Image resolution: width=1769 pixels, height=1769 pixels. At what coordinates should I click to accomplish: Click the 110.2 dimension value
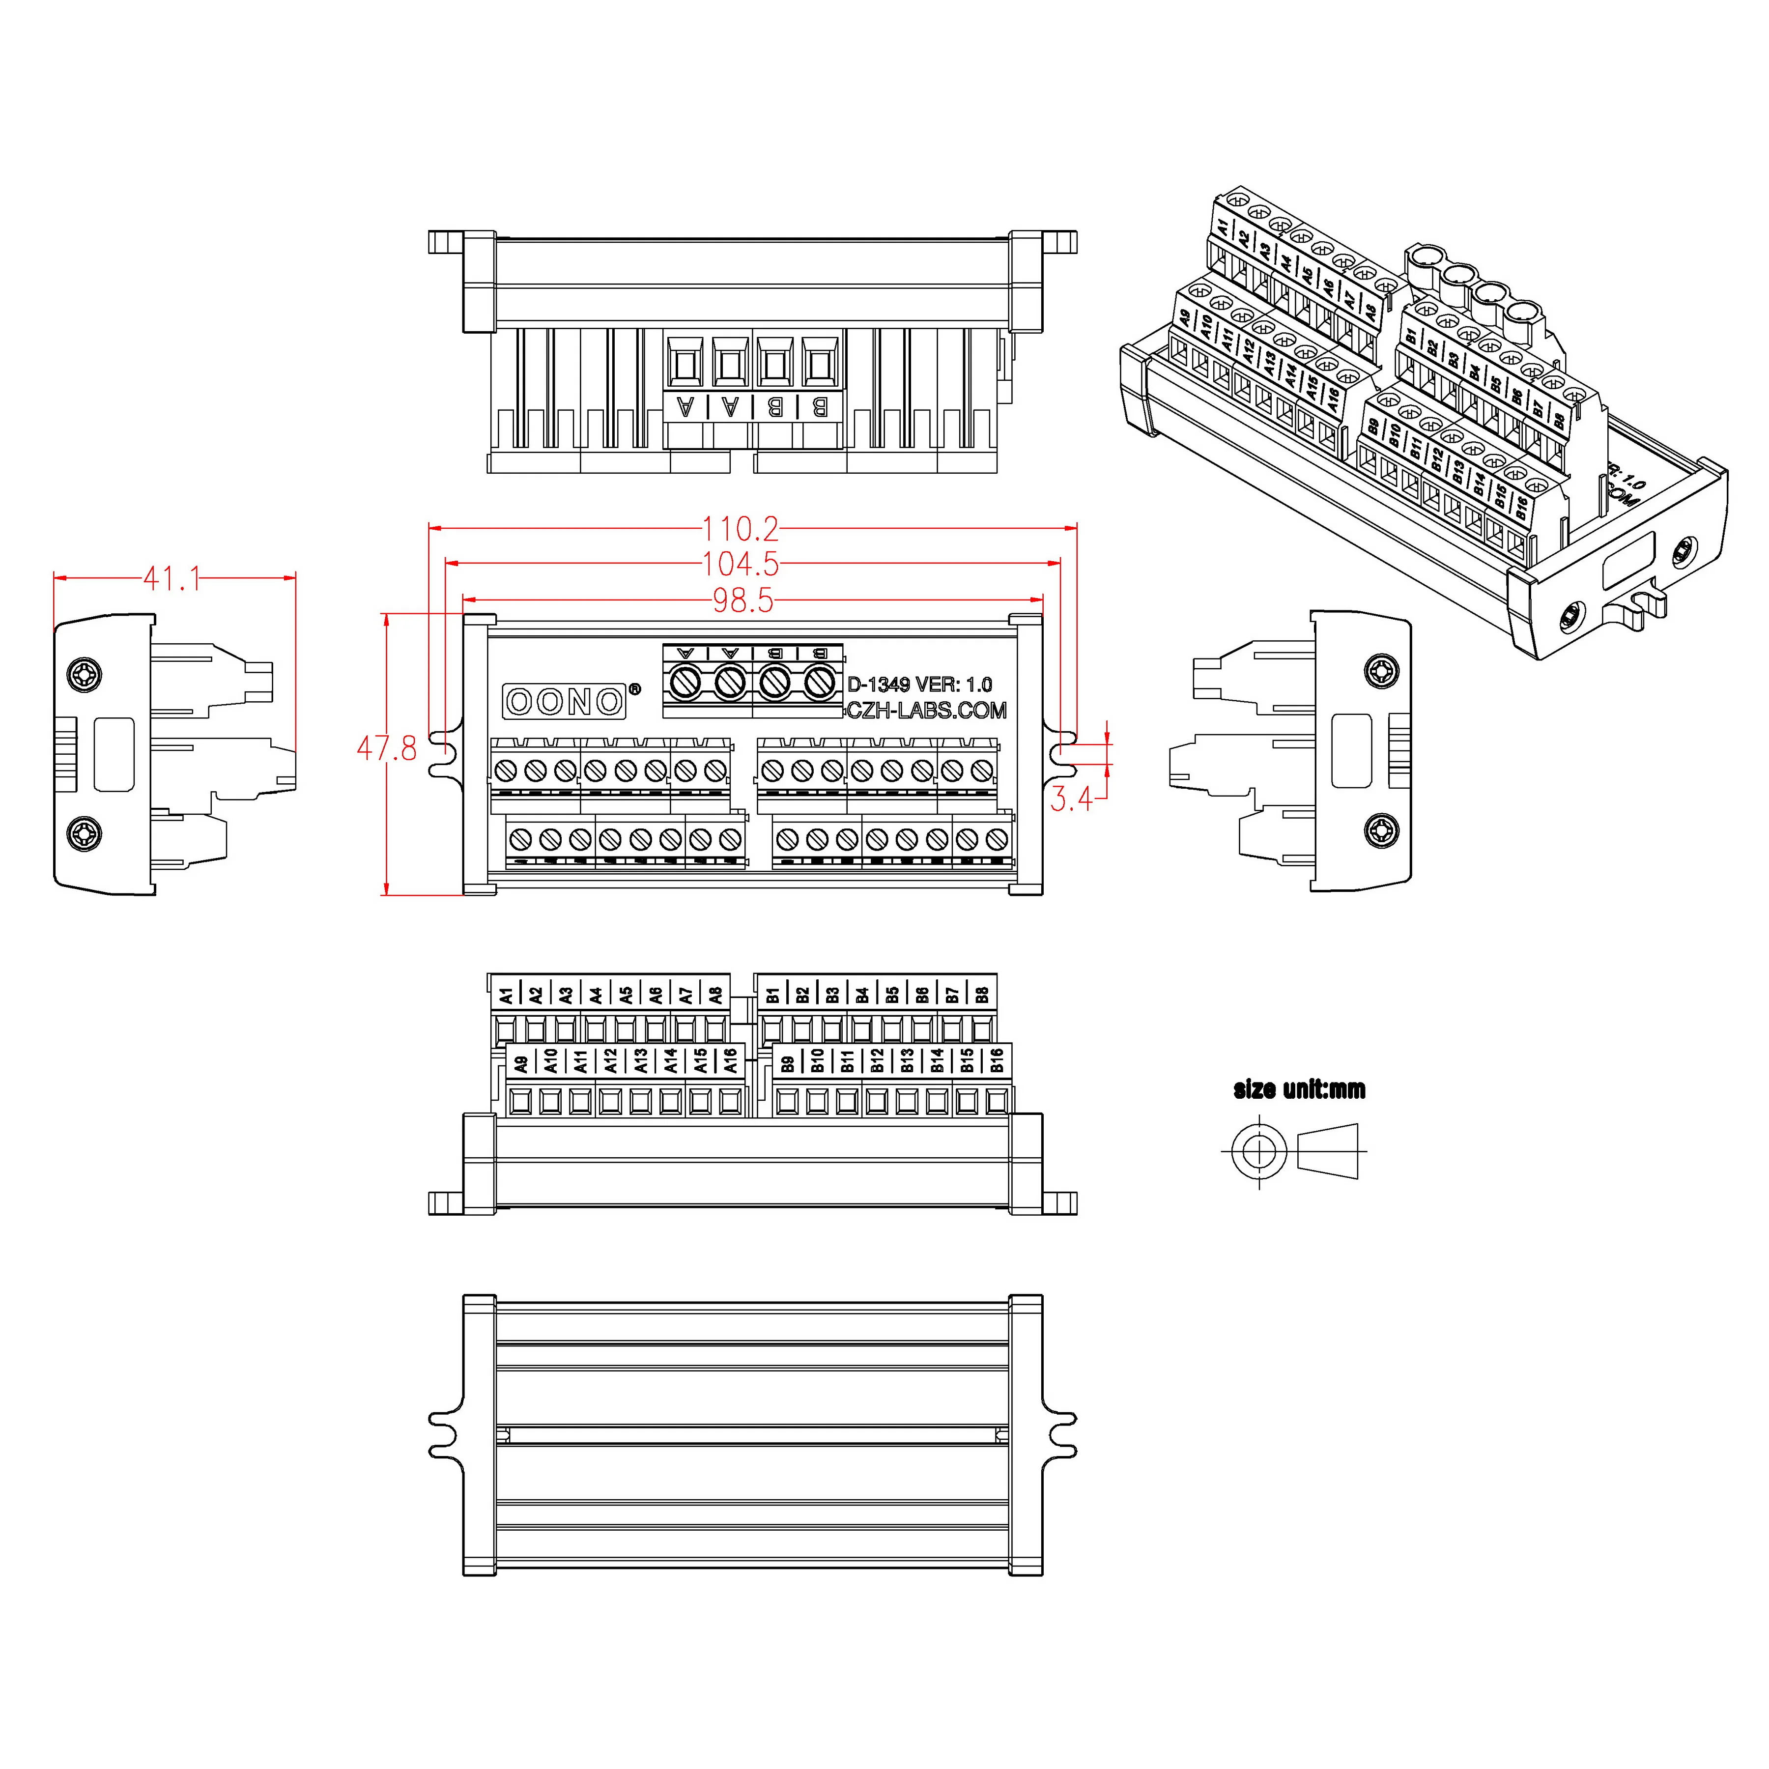(x=740, y=528)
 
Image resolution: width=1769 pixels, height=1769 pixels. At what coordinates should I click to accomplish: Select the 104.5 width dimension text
(x=740, y=564)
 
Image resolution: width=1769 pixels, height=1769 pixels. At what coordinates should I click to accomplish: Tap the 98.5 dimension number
(x=742, y=600)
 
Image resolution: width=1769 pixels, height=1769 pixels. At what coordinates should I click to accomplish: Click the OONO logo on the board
(x=564, y=701)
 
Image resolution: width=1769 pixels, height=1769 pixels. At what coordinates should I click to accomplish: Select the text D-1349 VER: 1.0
(x=919, y=684)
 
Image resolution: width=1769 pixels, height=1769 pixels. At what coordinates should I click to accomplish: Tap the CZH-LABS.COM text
(x=926, y=711)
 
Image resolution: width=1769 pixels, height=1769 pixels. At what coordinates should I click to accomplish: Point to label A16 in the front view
(x=730, y=1060)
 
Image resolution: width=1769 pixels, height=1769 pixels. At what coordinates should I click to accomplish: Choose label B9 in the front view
(x=787, y=1062)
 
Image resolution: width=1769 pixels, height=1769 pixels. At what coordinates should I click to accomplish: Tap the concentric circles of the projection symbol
(x=1260, y=1151)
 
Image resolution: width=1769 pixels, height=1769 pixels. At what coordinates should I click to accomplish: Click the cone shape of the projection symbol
(x=1328, y=1151)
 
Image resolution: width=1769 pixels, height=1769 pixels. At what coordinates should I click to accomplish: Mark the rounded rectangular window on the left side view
(x=114, y=754)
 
